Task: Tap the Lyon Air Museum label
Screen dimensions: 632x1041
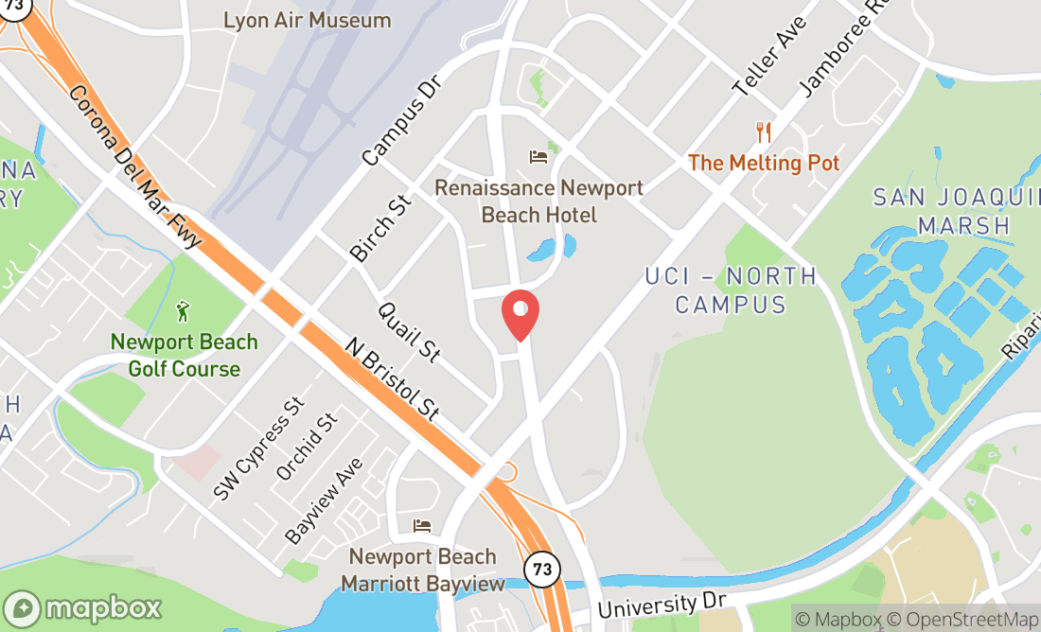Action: [307, 20]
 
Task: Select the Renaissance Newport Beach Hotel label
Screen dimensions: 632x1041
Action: [538, 202]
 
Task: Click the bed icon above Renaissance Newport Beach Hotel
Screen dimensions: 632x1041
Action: [538, 156]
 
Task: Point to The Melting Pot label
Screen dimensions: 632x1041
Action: [764, 163]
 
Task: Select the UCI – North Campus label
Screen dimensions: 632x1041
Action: [730, 290]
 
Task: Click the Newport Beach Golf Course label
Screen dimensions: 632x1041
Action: [185, 355]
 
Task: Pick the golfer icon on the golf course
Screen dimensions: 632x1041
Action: [184, 310]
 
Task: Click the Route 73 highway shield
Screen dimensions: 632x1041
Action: [541, 569]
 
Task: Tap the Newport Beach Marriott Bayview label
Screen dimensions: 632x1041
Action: [423, 570]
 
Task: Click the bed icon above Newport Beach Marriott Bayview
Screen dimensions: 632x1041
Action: [422, 526]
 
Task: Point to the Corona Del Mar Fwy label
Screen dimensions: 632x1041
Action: [135, 167]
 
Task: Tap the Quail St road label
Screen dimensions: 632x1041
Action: [410, 332]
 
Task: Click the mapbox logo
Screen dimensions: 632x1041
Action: [82, 607]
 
